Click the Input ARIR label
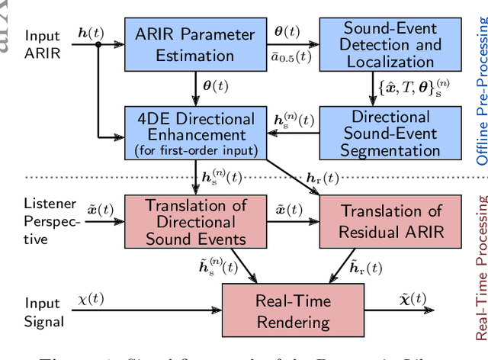point(43,44)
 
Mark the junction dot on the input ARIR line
point(98,45)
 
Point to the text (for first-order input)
point(194,149)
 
